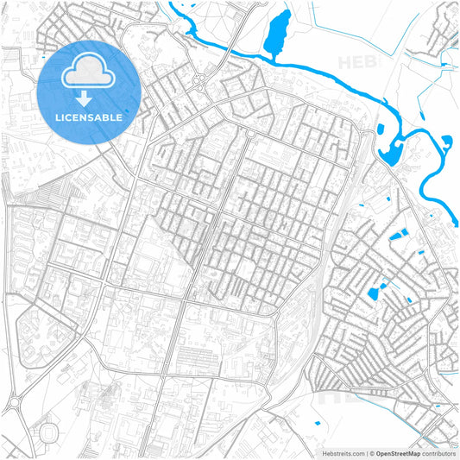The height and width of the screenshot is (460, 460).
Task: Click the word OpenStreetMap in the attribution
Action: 398,452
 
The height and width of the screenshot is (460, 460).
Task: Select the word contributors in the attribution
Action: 438,452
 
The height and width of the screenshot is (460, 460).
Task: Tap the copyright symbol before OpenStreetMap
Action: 372,452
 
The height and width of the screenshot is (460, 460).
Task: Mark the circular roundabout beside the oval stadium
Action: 15,403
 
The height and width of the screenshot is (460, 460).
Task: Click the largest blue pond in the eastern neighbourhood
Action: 375,293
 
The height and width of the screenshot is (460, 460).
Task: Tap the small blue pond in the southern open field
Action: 317,423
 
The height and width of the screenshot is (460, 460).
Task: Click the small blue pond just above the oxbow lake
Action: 381,130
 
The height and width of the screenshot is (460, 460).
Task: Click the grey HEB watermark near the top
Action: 356,62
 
